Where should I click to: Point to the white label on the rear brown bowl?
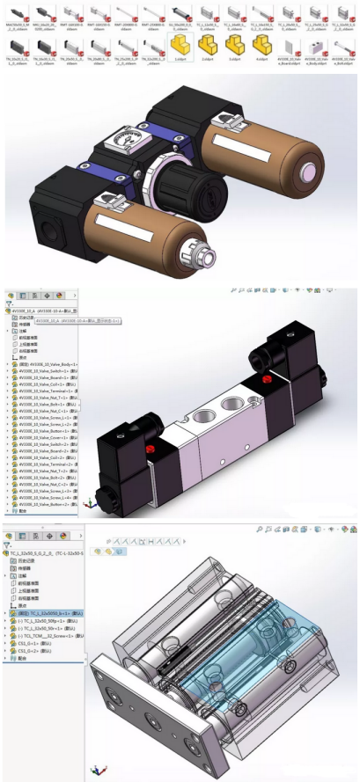248,141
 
